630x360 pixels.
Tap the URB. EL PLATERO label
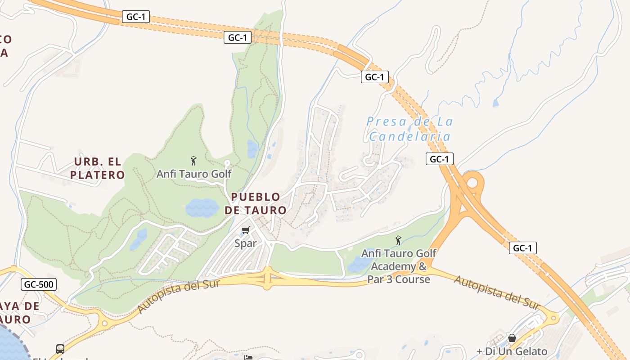coord(97,168)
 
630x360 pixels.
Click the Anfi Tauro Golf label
coord(194,174)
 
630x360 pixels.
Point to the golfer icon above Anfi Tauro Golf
coord(193,160)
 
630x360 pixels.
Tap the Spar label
coord(246,243)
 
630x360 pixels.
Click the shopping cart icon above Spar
coord(245,230)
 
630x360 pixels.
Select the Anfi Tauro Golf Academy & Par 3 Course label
coord(399,266)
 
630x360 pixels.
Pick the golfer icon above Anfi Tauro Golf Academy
coord(398,240)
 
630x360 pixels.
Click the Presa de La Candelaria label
coord(409,129)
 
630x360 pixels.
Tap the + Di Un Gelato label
coord(512,351)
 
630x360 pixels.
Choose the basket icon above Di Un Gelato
coord(512,338)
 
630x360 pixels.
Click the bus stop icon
coord(60,349)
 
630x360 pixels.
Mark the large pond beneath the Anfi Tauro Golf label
coord(202,208)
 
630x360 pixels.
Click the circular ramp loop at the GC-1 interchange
coord(472,183)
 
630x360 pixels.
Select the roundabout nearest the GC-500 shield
coord(105,322)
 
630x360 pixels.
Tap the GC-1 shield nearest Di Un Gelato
coord(522,248)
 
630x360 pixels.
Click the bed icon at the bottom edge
coord(247,357)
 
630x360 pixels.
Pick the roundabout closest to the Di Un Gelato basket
coord(553,318)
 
